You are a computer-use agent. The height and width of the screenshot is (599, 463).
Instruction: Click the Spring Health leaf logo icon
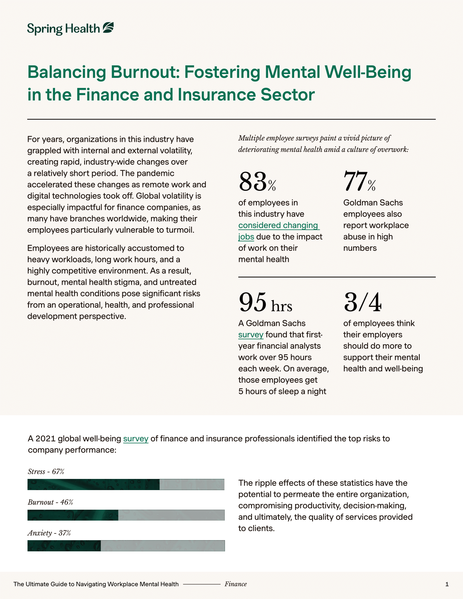(108, 28)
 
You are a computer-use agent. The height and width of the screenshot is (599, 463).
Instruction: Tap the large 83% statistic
(257, 182)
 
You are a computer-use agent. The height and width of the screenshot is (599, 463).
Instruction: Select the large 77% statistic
(359, 182)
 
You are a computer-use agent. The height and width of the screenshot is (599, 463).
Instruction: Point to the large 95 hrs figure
(265, 302)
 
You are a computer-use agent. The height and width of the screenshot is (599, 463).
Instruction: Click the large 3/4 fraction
(362, 302)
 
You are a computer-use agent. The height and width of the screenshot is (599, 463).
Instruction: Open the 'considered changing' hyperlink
(278, 225)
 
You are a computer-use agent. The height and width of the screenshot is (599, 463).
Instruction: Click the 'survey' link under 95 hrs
(251, 335)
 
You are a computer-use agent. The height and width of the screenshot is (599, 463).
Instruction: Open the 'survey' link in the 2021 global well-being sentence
(136, 439)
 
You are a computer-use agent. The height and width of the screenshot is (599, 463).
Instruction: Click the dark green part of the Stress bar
(93, 484)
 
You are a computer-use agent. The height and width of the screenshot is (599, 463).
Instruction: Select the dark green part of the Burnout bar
(73, 515)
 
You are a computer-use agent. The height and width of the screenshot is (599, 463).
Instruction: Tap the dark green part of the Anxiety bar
(64, 546)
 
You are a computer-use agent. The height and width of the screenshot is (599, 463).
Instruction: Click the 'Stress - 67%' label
(46, 472)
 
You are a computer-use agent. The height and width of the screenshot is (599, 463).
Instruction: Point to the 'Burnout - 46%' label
(50, 502)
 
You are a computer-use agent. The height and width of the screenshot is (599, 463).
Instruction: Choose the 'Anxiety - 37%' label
(49, 533)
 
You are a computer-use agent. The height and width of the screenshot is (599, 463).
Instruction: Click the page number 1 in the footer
(447, 584)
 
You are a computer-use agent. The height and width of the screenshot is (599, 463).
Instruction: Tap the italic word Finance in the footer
(236, 584)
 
